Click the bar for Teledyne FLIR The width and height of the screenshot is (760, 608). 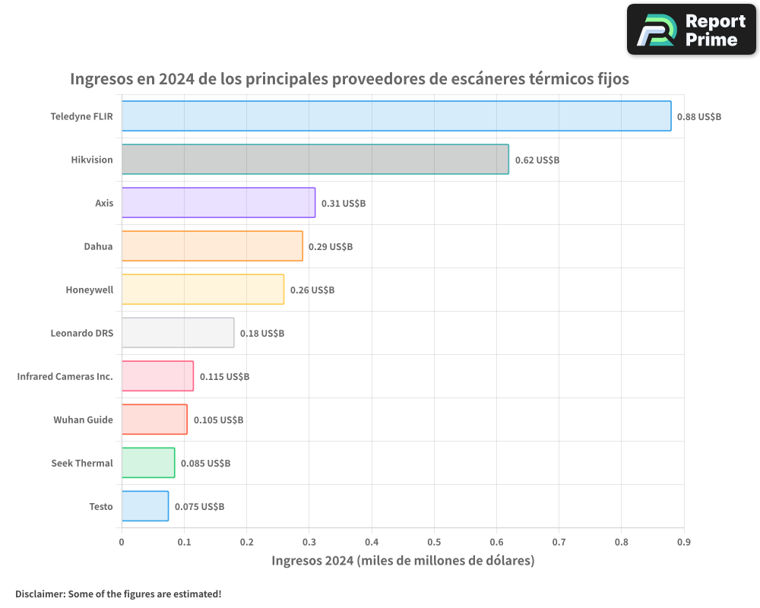click(x=396, y=116)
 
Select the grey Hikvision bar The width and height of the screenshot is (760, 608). click(x=315, y=160)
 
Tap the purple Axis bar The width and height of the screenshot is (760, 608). click(x=218, y=203)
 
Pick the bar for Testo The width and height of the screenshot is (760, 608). click(x=145, y=506)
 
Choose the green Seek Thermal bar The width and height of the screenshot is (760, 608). click(x=148, y=463)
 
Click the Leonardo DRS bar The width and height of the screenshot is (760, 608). click(x=178, y=333)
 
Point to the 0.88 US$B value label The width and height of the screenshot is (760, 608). click(x=699, y=117)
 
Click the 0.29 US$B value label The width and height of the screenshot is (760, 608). click(x=331, y=247)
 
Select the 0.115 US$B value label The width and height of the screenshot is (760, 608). click(x=224, y=377)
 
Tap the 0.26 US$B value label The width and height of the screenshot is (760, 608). click(x=312, y=290)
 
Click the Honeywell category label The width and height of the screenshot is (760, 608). click(x=89, y=290)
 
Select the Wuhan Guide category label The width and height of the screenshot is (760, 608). click(x=83, y=420)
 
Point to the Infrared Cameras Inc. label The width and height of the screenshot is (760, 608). click(x=65, y=376)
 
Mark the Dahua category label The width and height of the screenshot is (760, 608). click(x=98, y=246)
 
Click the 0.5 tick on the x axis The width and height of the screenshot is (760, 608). click(x=434, y=542)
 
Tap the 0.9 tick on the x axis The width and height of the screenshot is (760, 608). click(x=684, y=542)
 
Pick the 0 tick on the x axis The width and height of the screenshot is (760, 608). click(x=122, y=542)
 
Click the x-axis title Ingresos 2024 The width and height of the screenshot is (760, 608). click(x=403, y=561)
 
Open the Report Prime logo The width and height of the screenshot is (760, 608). click(x=692, y=30)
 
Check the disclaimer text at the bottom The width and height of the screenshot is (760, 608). click(x=118, y=594)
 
